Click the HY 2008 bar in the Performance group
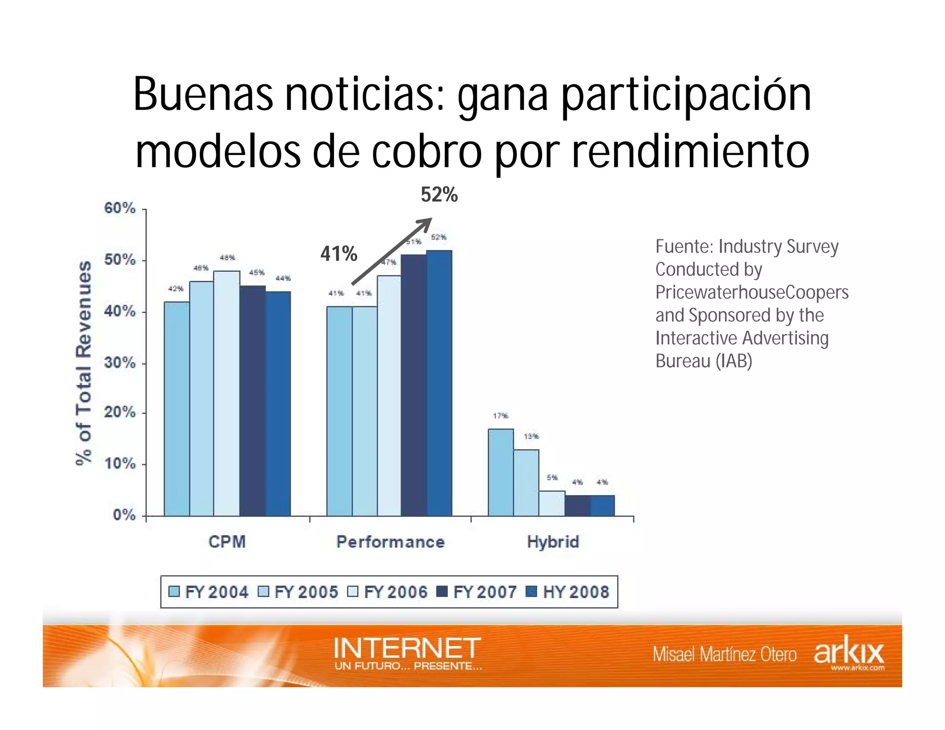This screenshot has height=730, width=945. (439, 383)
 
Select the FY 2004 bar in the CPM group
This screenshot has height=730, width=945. (177, 409)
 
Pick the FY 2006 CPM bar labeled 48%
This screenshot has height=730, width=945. (227, 393)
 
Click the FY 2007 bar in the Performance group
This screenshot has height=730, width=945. (414, 385)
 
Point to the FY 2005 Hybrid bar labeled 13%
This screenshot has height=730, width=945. (526, 483)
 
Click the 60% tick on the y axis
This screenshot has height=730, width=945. (120, 209)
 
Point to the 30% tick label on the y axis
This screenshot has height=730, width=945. (120, 363)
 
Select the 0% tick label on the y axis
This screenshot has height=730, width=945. (124, 515)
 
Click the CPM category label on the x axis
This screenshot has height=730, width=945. (227, 542)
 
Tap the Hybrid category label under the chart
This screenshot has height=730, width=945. (553, 542)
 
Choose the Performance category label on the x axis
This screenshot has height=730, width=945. (390, 542)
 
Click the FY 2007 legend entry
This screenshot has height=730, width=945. (478, 592)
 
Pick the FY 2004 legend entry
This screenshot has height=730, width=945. (209, 592)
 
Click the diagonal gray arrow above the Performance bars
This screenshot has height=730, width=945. (391, 251)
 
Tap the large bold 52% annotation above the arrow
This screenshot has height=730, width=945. (439, 195)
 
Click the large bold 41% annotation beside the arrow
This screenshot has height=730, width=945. (339, 254)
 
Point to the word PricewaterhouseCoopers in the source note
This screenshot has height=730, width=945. (752, 293)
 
